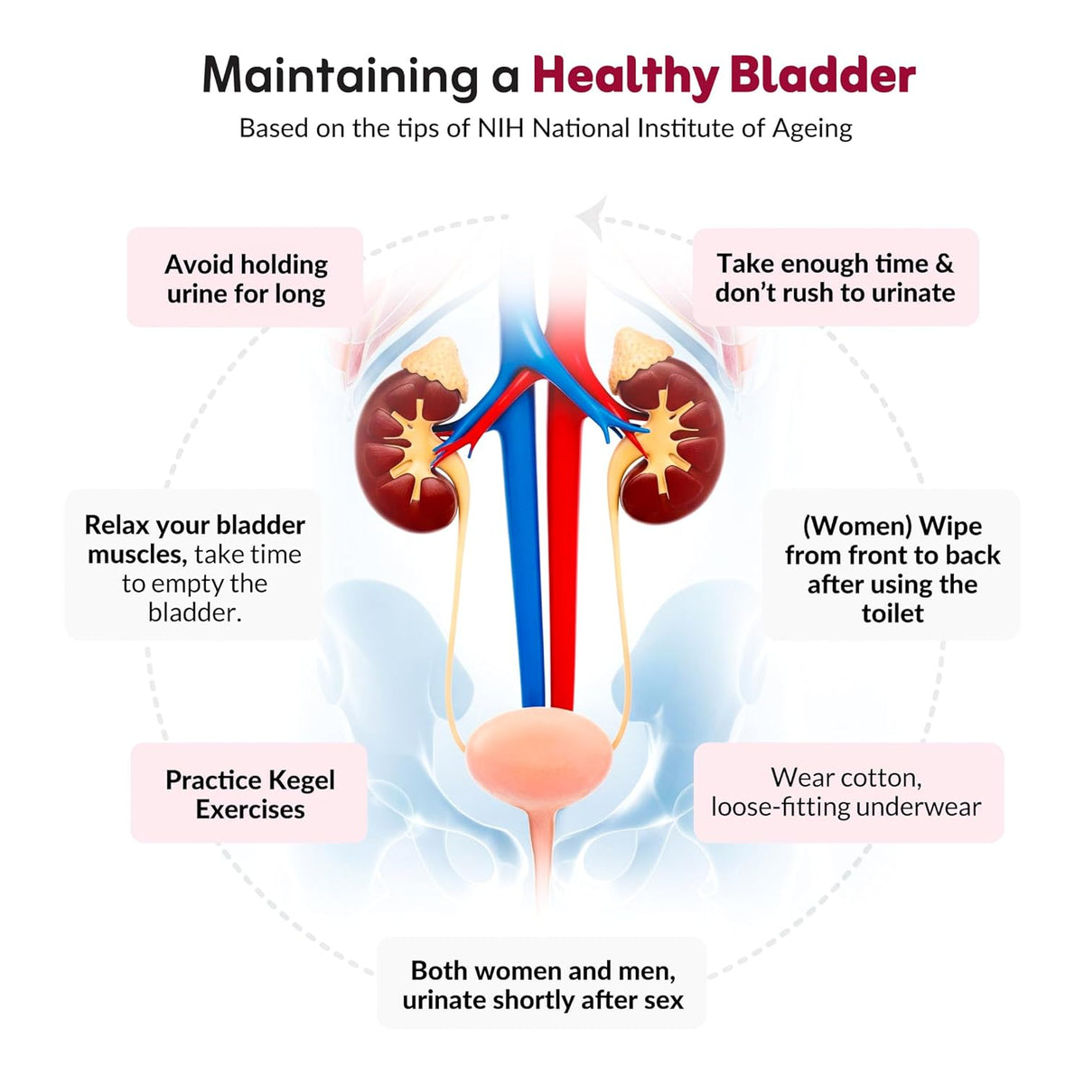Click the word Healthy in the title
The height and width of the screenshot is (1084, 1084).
tap(625, 77)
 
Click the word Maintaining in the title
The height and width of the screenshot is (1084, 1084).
tap(340, 77)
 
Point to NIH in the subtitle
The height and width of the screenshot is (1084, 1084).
tap(500, 129)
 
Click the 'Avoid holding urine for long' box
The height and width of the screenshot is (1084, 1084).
tap(246, 277)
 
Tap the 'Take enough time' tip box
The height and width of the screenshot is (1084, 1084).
tap(836, 276)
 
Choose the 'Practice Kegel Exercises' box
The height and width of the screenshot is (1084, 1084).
tap(249, 792)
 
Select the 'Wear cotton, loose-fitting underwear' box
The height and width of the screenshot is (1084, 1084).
tap(848, 792)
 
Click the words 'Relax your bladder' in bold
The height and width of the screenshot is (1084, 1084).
tap(194, 527)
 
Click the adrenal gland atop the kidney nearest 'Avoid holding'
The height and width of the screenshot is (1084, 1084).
tap(437, 366)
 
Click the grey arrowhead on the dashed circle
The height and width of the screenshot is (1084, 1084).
tap(593, 218)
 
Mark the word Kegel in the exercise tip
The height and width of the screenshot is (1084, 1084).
tap(302, 781)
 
